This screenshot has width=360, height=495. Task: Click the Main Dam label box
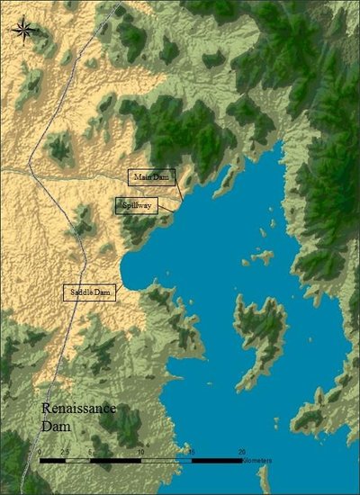(x=151, y=177)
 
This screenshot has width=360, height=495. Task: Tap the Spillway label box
(x=136, y=205)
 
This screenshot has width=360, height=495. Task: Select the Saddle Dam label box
(x=89, y=292)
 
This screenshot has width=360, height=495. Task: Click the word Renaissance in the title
(x=78, y=410)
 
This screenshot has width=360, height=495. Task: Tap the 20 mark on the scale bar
(x=241, y=452)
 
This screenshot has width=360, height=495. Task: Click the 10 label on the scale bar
(x=140, y=452)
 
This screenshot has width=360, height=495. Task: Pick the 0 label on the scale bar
(x=40, y=452)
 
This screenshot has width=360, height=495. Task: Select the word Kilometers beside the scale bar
(x=258, y=461)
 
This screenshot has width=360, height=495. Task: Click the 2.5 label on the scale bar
(x=65, y=452)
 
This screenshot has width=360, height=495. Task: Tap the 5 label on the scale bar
(x=90, y=452)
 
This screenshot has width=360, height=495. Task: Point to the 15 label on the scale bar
(x=191, y=452)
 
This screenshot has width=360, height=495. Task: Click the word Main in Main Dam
(x=141, y=177)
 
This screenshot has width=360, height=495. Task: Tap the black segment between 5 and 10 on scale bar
(x=115, y=460)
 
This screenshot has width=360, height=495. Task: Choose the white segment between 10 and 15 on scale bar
(x=166, y=460)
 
